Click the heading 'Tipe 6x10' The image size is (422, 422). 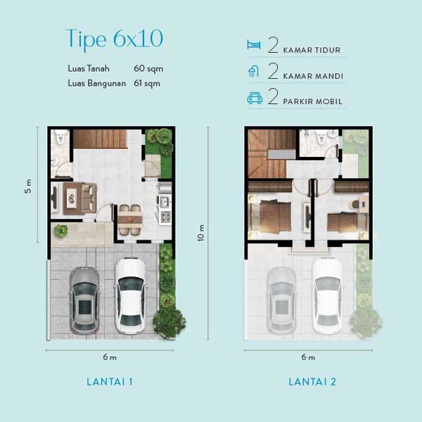pyautogui.click(x=114, y=39)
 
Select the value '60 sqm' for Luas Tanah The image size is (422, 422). pyautogui.click(x=148, y=69)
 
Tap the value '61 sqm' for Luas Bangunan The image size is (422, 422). pyautogui.click(x=147, y=84)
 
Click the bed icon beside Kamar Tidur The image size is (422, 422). pyautogui.click(x=254, y=45)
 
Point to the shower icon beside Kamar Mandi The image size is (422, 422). pyautogui.click(x=253, y=71)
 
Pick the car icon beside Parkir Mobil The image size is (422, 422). pyautogui.click(x=255, y=98)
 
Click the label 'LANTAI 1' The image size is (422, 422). pyautogui.click(x=110, y=382)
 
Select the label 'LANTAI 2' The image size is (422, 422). pyautogui.click(x=312, y=382)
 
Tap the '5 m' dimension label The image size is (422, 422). pyautogui.click(x=27, y=186)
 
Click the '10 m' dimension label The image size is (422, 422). pyautogui.click(x=200, y=233)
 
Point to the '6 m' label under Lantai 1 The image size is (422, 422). pyautogui.click(x=110, y=357)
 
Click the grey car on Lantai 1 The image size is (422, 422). pyautogui.click(x=84, y=300)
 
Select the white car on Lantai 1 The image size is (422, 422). pyautogui.click(x=131, y=295)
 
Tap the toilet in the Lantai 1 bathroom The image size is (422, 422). pyautogui.click(x=60, y=138)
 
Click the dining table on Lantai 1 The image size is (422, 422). pyautogui.click(x=129, y=220)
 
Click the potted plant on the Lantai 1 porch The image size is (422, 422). pyautogui.click(x=60, y=231)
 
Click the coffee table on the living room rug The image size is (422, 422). pyautogui.click(x=72, y=198)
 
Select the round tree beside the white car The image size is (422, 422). pyautogui.click(x=170, y=323)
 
